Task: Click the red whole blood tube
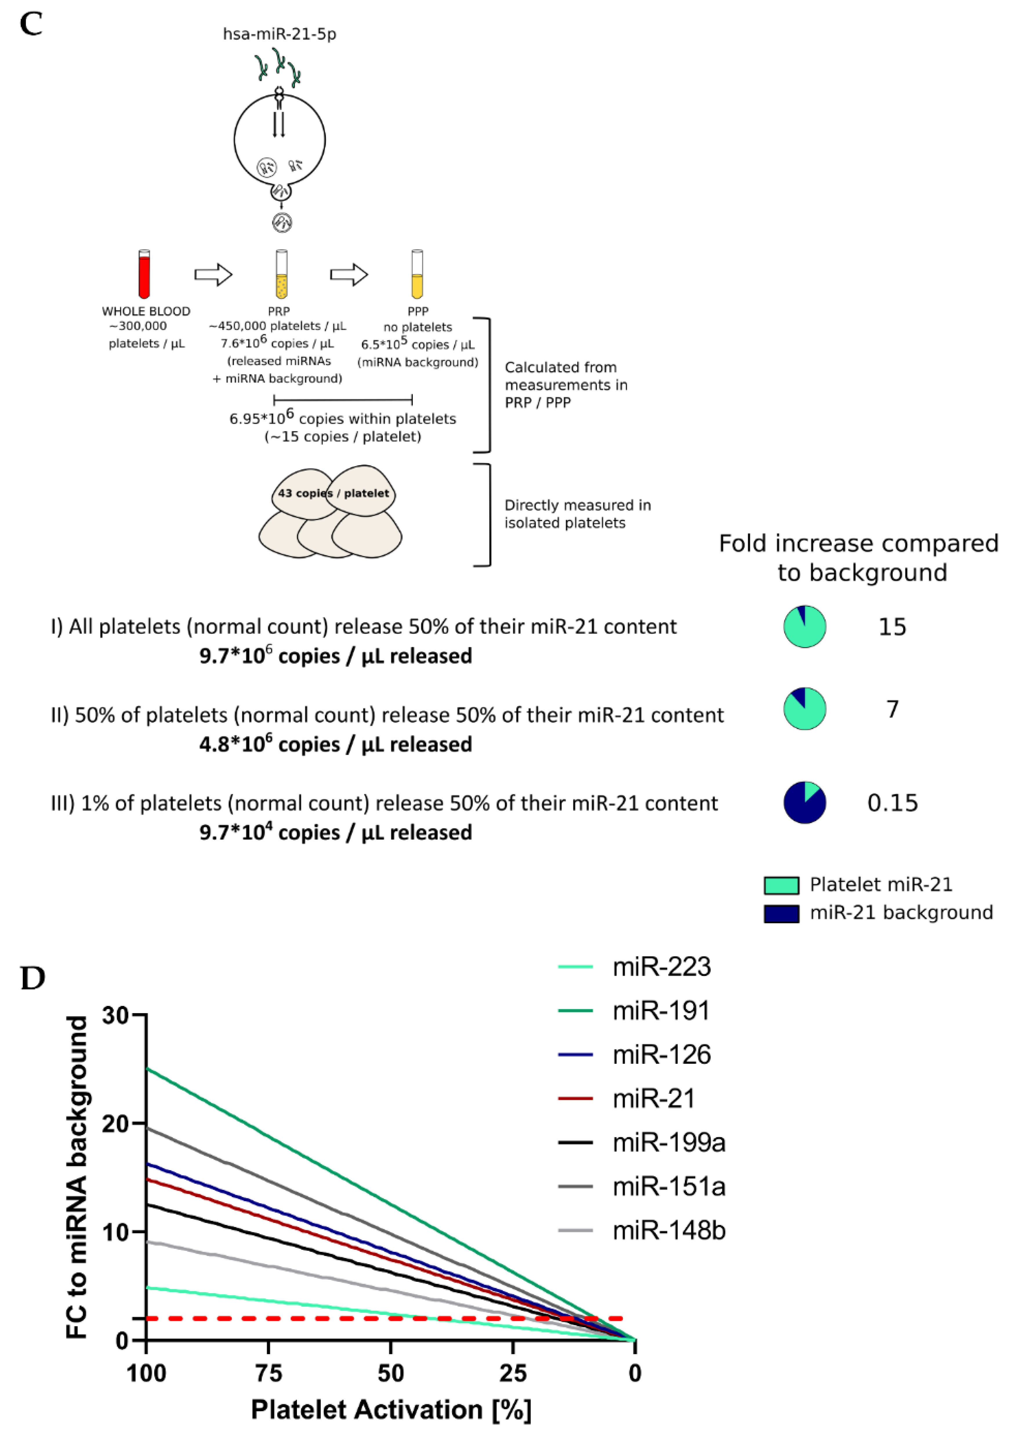tap(144, 274)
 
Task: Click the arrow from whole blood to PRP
tap(213, 274)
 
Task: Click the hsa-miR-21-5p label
tap(279, 34)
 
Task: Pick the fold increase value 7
tap(892, 709)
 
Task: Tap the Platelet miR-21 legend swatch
tap(781, 885)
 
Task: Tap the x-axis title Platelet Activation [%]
tap(391, 1409)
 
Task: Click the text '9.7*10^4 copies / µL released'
tap(336, 833)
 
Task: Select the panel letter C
tap(31, 25)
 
